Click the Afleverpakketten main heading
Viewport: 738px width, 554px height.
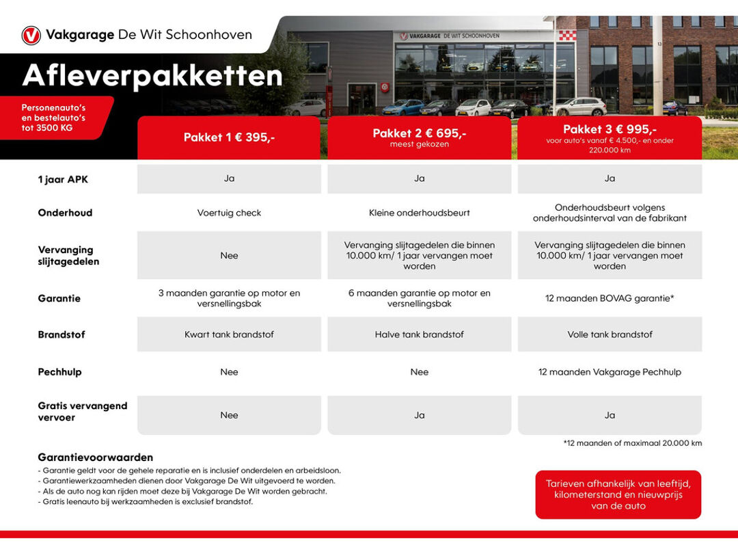[x=152, y=76]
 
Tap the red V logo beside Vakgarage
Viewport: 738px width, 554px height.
[x=31, y=35]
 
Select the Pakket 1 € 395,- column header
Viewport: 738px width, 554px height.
[x=229, y=137]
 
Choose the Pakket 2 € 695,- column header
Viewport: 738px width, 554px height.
[x=419, y=137]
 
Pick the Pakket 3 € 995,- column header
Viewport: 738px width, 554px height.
[x=610, y=137]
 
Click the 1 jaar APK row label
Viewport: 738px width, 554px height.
[x=63, y=179]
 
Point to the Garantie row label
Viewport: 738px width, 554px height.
[x=59, y=298]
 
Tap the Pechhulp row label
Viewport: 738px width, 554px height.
[x=59, y=372]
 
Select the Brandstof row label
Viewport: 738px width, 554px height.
[x=61, y=334]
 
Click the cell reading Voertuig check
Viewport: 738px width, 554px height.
[x=229, y=213]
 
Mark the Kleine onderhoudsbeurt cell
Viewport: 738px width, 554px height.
[x=419, y=213]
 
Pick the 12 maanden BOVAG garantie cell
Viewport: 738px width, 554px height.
[x=610, y=298]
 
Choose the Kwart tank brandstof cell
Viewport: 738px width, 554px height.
[x=229, y=334]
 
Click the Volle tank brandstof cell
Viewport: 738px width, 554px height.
[x=610, y=334]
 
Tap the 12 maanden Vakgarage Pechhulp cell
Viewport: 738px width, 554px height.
[x=610, y=372]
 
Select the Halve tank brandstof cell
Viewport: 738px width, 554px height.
[x=419, y=334]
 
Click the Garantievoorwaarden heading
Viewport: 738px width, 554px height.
[x=96, y=457]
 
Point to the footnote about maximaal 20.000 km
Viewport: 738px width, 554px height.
[x=632, y=443]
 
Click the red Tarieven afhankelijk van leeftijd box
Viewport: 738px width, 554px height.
[x=618, y=494]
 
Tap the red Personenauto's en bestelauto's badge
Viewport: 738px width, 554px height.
[x=53, y=118]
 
